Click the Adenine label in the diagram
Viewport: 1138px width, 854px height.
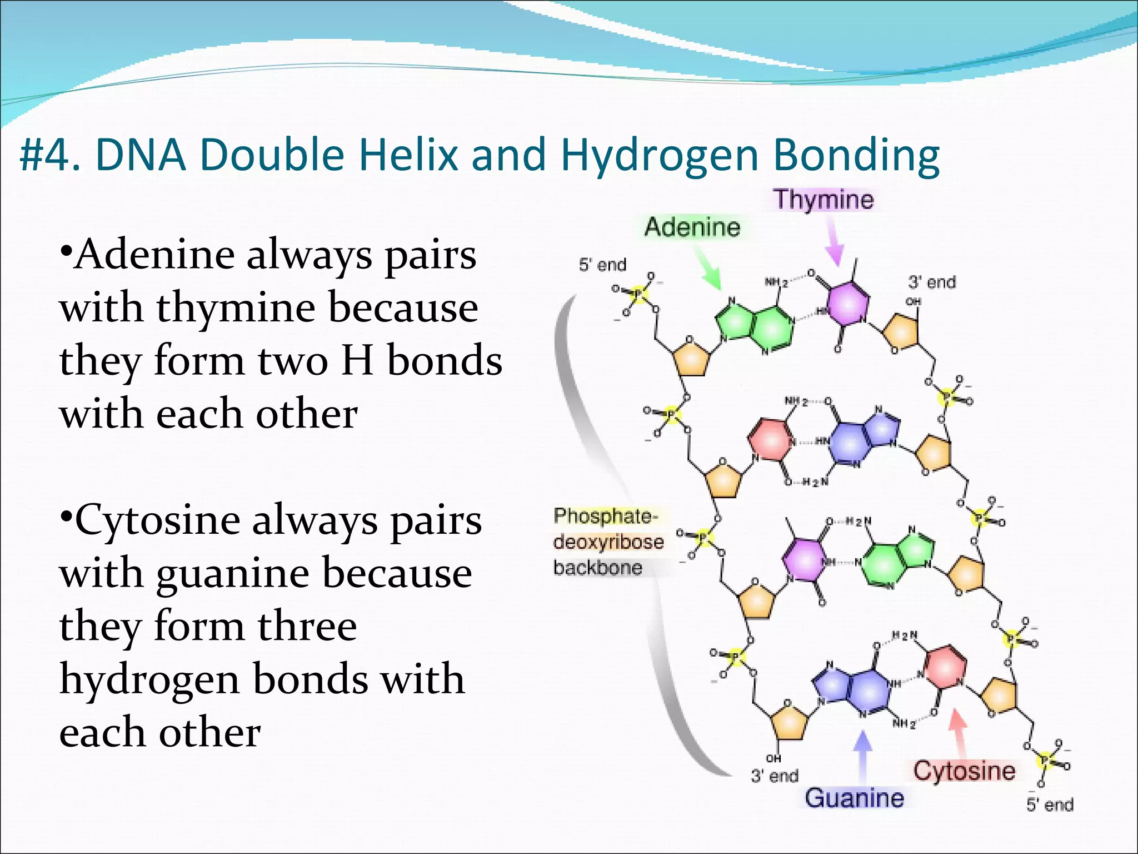[x=692, y=227]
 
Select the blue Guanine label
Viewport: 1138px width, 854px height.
[x=854, y=798]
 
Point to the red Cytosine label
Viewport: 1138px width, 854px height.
[x=964, y=771]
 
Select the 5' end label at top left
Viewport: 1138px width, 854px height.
[x=602, y=265]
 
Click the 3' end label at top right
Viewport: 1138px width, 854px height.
[x=932, y=282]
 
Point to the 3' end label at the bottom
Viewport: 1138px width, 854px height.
[x=775, y=776]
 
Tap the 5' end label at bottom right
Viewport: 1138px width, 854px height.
[x=1050, y=805]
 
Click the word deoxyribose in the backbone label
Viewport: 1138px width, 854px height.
[x=608, y=542]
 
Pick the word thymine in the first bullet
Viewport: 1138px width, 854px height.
[x=233, y=307]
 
